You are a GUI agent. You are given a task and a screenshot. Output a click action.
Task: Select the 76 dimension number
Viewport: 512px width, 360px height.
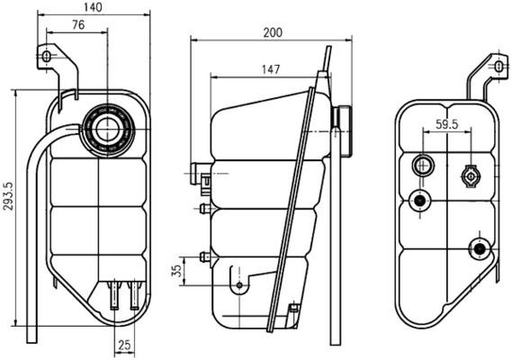78,26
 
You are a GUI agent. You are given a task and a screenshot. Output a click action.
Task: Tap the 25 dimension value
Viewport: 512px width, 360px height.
124,344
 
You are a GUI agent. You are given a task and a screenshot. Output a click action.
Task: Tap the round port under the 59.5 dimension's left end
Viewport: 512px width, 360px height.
422,165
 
